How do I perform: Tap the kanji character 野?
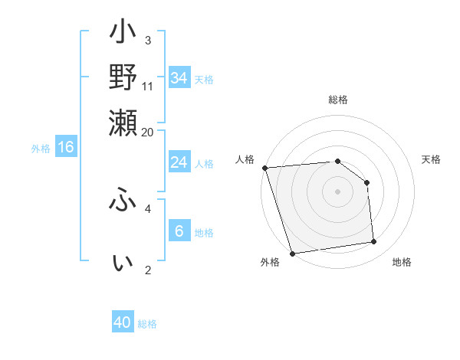tap(123, 77)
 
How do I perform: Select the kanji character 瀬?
tap(123, 123)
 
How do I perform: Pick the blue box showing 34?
tap(179, 78)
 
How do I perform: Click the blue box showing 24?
tap(179, 162)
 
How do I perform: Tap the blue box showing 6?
tap(179, 231)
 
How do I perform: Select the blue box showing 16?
tap(66, 148)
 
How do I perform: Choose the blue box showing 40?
tap(123, 322)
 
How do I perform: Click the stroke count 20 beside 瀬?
tap(147, 132)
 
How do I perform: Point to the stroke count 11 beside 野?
tap(148, 86)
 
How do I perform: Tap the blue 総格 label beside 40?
tap(148, 324)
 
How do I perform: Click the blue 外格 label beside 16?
tap(41, 149)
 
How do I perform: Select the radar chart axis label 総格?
tap(338, 100)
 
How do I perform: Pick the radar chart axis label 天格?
tap(432, 159)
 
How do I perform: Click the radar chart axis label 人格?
tap(245, 159)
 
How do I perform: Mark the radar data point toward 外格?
tap(292, 254)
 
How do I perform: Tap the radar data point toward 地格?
tap(374, 242)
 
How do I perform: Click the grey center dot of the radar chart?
tap(338, 191)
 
